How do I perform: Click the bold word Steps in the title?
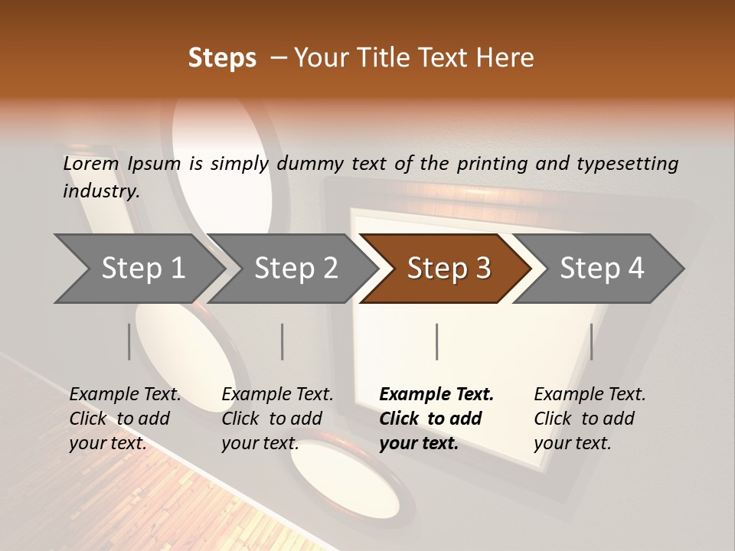click(222, 58)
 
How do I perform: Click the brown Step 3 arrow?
click(449, 269)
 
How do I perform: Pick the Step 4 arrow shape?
click(602, 269)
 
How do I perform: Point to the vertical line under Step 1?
click(129, 341)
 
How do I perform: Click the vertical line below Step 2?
click(283, 341)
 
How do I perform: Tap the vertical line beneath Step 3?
click(437, 341)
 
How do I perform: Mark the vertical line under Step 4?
click(591, 341)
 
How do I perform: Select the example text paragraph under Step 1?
click(125, 419)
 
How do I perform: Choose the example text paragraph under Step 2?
click(277, 419)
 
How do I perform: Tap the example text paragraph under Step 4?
click(590, 419)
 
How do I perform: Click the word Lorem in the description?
click(91, 164)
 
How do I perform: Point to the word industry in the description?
click(101, 191)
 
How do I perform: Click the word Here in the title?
click(506, 58)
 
